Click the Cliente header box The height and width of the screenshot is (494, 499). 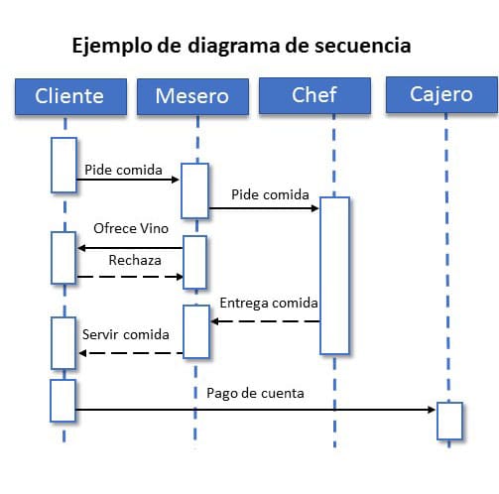coord(70,96)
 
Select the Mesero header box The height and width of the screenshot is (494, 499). coord(192,96)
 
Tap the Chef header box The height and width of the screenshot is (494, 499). coord(314,95)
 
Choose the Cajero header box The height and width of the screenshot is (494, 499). coord(441,95)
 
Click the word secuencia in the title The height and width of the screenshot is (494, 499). coord(363,46)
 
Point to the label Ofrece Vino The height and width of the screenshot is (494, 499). coord(131,228)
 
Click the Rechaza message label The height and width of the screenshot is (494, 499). coord(135,260)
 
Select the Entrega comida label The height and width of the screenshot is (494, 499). coord(269,304)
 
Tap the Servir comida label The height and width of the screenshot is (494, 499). coord(126,334)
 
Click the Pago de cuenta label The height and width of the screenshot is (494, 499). coord(255,394)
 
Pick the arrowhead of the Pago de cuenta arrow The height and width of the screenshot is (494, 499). coord(432,410)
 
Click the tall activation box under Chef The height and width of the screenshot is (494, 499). coord(334,276)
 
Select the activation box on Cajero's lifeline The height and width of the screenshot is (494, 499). coord(449,421)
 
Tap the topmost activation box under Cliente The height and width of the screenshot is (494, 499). coord(63,165)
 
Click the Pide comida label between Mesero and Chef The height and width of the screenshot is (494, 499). coord(270,194)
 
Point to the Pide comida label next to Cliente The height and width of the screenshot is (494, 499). coord(123,170)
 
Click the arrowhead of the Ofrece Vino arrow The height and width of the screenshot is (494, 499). coord(81,248)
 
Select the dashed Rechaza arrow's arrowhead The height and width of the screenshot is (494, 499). coord(180,277)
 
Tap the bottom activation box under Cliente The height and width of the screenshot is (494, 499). coord(62,401)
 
